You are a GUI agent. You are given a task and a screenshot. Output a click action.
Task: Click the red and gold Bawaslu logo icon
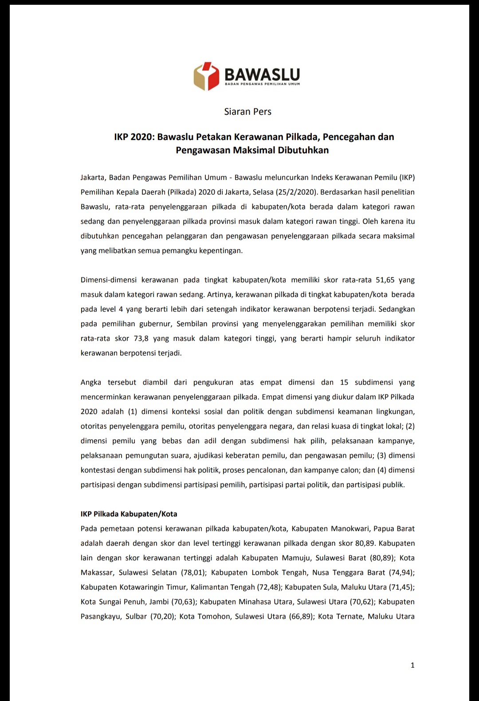(x=206, y=76)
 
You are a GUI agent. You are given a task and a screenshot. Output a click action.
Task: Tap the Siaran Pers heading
(x=247, y=112)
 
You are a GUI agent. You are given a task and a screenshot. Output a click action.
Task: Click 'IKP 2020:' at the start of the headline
(x=133, y=137)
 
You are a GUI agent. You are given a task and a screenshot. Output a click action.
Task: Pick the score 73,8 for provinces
(x=141, y=339)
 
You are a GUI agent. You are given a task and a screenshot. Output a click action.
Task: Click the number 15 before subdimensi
(x=344, y=383)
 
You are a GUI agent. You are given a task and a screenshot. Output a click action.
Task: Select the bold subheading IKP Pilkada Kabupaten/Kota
(x=129, y=514)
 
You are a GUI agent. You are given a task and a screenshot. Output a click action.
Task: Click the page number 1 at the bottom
(x=412, y=665)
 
